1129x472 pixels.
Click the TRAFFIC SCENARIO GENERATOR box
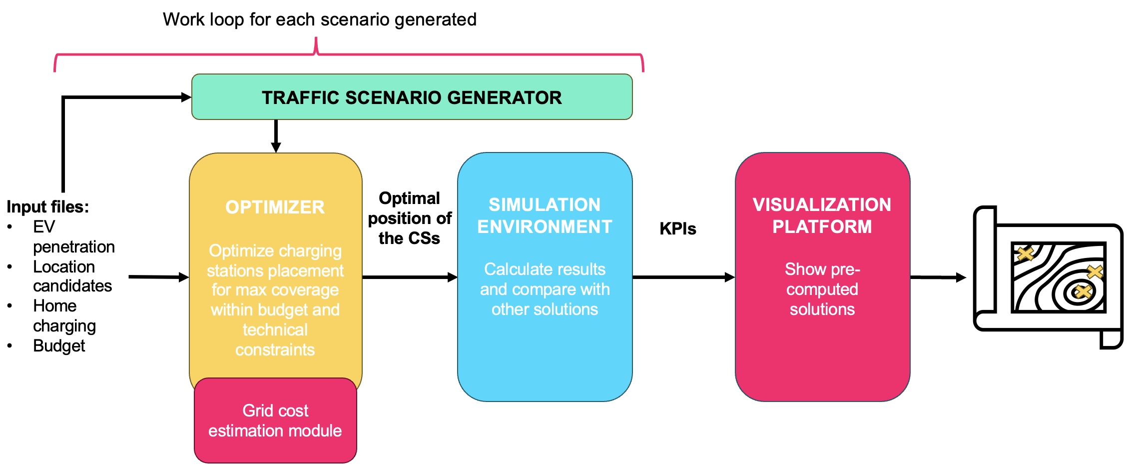[412, 97]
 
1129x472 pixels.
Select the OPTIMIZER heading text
[275, 207]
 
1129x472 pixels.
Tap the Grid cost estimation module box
[275, 420]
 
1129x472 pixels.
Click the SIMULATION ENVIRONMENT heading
[545, 215]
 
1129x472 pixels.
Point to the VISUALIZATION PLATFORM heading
[822, 215]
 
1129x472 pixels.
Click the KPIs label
[677, 228]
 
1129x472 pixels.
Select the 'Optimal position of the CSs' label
[409, 218]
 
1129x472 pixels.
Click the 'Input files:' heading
[48, 206]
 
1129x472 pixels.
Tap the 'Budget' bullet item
[59, 345]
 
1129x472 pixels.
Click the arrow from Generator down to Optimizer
[276, 136]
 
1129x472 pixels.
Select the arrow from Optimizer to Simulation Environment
[410, 277]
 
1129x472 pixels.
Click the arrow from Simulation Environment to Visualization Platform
[683, 277]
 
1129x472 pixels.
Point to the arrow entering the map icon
[938, 277]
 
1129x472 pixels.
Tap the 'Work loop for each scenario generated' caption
[320, 19]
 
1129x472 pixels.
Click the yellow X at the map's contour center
[1083, 290]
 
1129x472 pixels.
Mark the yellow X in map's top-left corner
[1025, 253]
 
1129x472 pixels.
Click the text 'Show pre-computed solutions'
[822, 289]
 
